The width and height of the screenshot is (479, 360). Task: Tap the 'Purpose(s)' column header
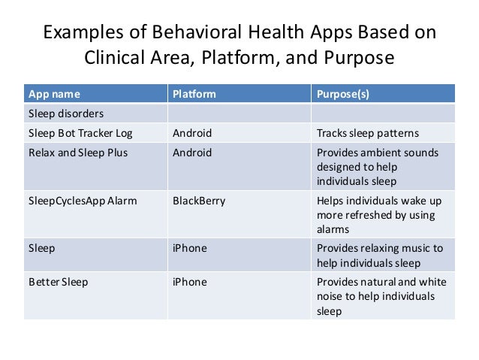343,95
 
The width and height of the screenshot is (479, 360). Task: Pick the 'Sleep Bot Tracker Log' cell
80,134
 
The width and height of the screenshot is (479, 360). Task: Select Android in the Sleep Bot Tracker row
192,134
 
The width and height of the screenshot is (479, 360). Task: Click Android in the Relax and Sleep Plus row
192,153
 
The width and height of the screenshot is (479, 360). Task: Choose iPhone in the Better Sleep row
190,282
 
